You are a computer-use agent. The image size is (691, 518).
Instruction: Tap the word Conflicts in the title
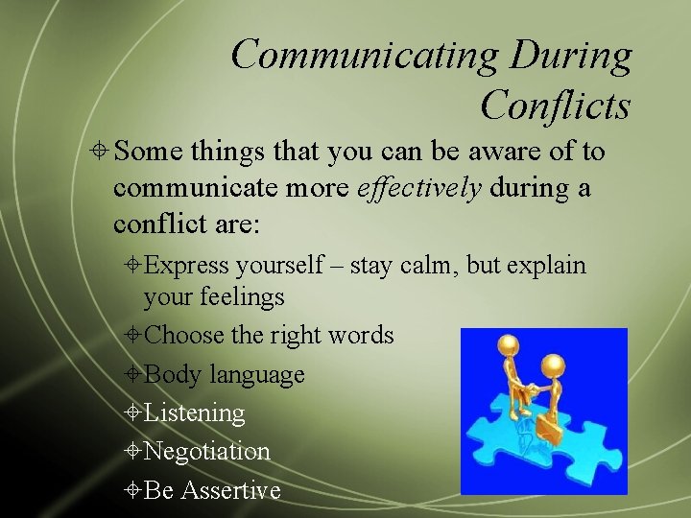click(555, 105)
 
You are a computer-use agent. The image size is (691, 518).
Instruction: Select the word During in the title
click(571, 55)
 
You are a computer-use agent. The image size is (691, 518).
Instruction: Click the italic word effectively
click(419, 187)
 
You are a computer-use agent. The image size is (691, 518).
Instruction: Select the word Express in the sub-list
click(187, 265)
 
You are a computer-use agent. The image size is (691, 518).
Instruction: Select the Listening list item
click(194, 413)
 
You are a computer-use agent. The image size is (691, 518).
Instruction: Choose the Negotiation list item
click(206, 451)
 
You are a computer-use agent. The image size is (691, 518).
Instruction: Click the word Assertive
click(230, 490)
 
